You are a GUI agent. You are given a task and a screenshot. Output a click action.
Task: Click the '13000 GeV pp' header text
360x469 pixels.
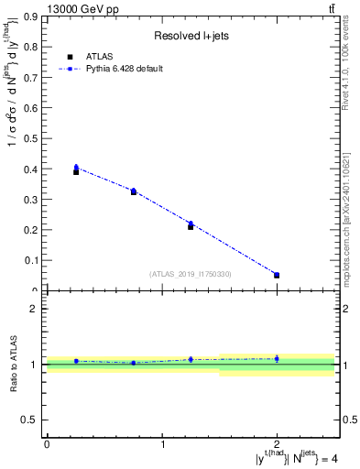82,9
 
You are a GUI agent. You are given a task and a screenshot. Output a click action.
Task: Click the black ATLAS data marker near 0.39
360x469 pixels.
76,171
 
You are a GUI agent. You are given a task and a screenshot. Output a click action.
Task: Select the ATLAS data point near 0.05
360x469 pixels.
277,275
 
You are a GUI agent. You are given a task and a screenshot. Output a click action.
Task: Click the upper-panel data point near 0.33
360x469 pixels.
134,191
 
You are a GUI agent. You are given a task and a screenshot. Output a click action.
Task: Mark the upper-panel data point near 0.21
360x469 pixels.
191,225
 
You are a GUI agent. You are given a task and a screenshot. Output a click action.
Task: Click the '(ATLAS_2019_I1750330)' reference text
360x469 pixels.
191,274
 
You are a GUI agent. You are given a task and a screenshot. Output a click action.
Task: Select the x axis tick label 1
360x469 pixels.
162,444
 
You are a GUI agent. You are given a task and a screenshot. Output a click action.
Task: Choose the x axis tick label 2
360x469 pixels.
277,444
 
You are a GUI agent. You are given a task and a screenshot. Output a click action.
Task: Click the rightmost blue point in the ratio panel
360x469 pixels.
277,358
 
